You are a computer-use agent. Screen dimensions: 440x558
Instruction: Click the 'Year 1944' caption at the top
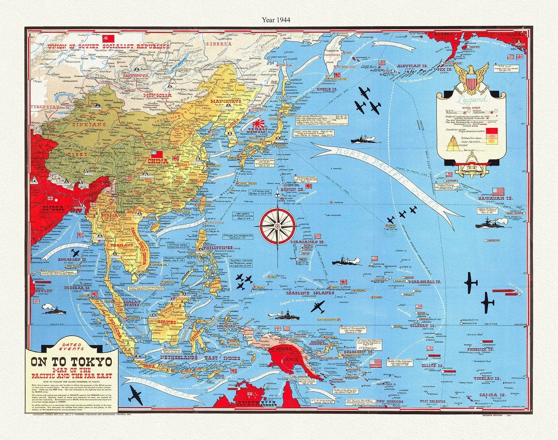click(x=276, y=20)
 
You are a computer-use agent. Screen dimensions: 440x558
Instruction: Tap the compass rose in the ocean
click(x=278, y=226)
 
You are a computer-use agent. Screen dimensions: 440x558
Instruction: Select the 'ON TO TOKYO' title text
click(x=72, y=362)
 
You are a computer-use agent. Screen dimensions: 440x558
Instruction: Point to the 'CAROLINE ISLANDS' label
click(x=310, y=293)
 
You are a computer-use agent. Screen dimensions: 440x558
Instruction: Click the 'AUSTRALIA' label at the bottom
click(x=256, y=404)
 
